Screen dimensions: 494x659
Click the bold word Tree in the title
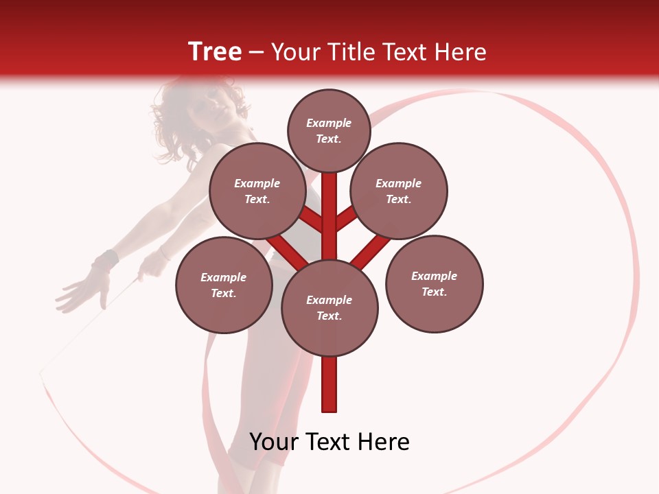(215, 52)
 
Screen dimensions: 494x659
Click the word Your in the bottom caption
(274, 442)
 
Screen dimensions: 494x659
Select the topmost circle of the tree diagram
(329, 130)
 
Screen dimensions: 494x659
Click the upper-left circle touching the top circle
(257, 191)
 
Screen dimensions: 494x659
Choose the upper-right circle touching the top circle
(399, 191)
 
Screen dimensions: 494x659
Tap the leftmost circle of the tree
(224, 285)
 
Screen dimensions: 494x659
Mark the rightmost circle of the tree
(434, 284)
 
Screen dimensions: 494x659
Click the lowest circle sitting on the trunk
(329, 308)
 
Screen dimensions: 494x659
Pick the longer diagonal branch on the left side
(287, 252)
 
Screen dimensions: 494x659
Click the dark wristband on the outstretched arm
(105, 261)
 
